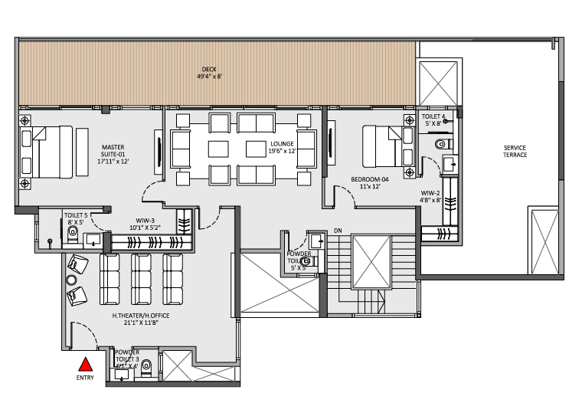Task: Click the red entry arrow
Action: pyautogui.click(x=87, y=365)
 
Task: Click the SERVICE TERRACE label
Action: pyautogui.click(x=515, y=151)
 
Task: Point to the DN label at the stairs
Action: pyautogui.click(x=338, y=230)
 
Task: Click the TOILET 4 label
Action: pyautogui.click(x=433, y=119)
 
